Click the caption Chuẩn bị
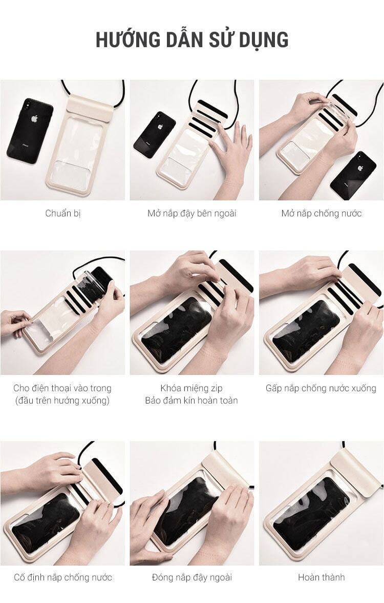tap(63, 213)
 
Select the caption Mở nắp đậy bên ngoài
tap(192, 213)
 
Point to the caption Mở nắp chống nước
tap(322, 213)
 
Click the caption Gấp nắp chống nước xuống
tap(321, 389)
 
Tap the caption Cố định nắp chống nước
tap(63, 577)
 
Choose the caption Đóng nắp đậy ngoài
tap(192, 577)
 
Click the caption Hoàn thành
tap(322, 577)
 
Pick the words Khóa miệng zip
tap(191, 388)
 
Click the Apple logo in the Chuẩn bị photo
tap(35, 119)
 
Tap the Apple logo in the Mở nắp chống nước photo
tap(360, 168)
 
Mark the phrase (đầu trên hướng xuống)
tap(62, 401)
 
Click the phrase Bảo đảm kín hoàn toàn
tap(191, 400)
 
